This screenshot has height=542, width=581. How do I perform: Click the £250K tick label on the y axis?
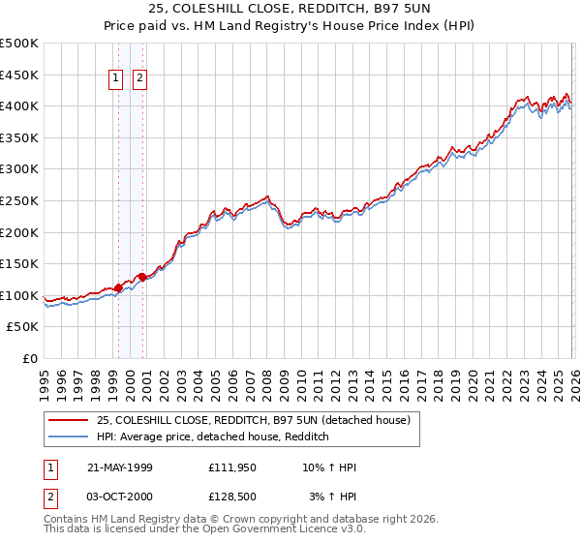pyautogui.click(x=19, y=200)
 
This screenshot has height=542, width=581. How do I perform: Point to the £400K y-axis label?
pyautogui.click(x=19, y=105)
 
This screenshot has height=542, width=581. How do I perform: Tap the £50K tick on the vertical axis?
pyautogui.click(x=23, y=327)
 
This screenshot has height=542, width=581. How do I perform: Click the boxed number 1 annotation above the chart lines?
pyautogui.click(x=116, y=79)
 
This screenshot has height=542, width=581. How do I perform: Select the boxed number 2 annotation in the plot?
pyautogui.click(x=139, y=79)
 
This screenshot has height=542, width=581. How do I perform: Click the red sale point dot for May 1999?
pyautogui.click(x=118, y=287)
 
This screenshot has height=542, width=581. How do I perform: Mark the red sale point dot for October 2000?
pyautogui.click(x=142, y=277)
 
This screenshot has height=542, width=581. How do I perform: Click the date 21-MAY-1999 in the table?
pyautogui.click(x=119, y=467)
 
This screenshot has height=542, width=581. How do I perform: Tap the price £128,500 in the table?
pyautogui.click(x=231, y=497)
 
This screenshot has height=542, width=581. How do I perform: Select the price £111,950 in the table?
pyautogui.click(x=231, y=467)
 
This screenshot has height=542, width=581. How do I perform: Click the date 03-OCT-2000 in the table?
pyautogui.click(x=119, y=497)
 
